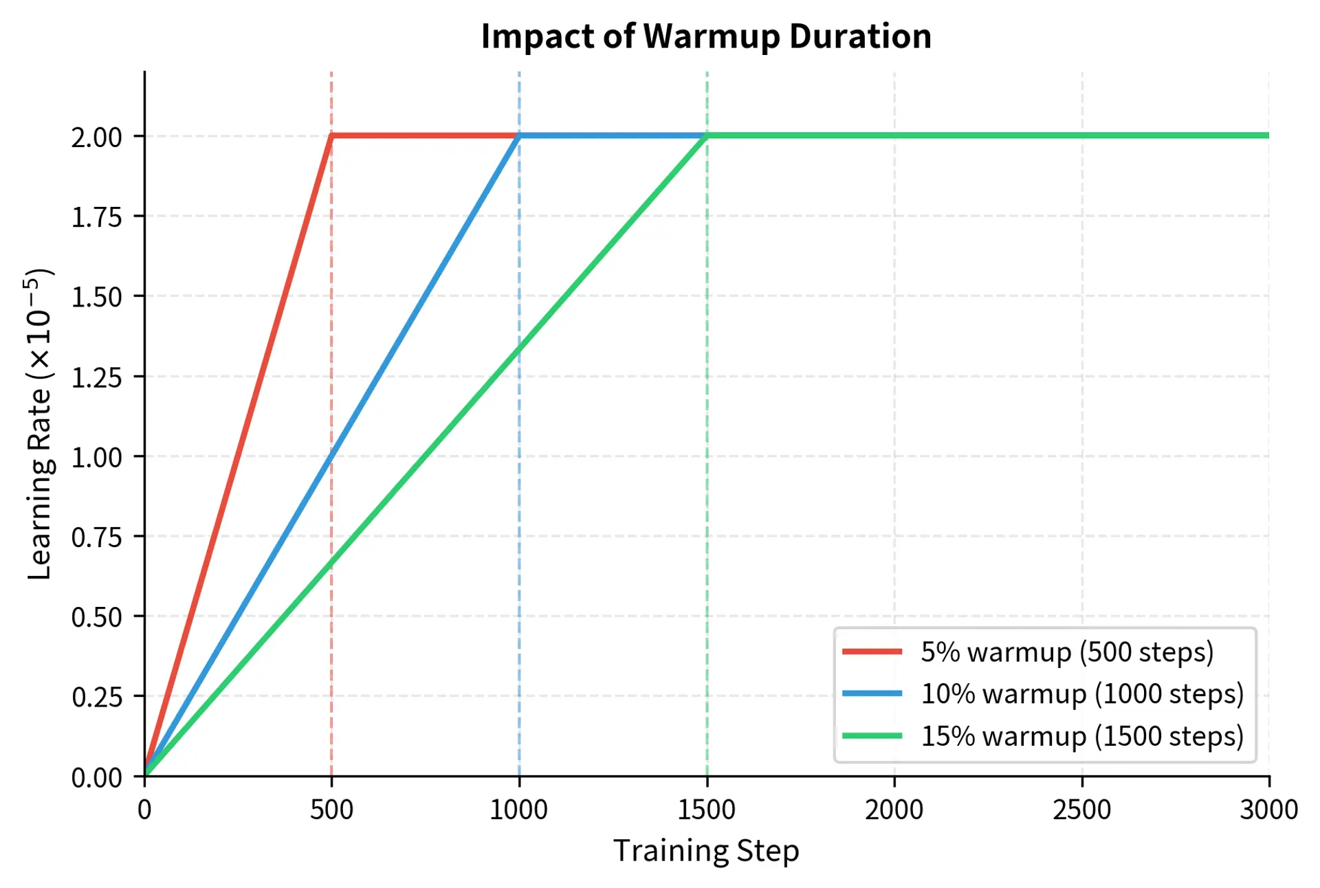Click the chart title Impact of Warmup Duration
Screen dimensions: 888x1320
point(706,36)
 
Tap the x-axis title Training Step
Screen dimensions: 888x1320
point(706,851)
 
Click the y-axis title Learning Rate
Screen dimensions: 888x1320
point(40,424)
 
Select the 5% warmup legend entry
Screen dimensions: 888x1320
point(1066,652)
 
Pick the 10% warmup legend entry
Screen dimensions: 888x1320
point(1081,693)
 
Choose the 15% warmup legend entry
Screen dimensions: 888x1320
point(1081,736)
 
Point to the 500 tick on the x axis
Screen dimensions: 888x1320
point(331,810)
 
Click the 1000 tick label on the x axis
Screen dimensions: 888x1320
point(518,810)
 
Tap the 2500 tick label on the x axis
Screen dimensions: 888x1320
point(1081,810)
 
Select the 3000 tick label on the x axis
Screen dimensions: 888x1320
point(1268,810)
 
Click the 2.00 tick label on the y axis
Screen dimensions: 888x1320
point(97,137)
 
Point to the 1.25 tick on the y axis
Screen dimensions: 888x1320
point(97,377)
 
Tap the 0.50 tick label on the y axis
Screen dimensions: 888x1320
point(97,617)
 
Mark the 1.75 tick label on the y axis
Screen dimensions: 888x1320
point(97,217)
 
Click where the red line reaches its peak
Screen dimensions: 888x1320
point(332,136)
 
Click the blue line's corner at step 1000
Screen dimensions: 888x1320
point(519,136)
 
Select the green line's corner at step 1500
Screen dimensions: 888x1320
point(707,136)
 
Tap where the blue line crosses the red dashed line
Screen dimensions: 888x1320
point(331,456)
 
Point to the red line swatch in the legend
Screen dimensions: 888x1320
point(872,652)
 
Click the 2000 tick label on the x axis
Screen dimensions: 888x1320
point(894,810)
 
